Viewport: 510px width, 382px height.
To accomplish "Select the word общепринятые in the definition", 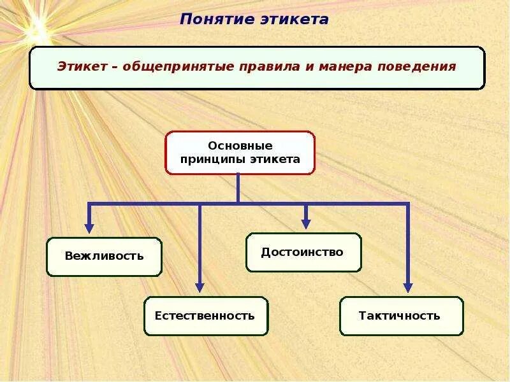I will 159,66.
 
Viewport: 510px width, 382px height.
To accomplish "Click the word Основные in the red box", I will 240,146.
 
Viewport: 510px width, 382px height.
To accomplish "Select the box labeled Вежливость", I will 104,257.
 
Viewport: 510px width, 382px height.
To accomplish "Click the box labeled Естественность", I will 205,316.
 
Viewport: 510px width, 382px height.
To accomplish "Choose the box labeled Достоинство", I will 303,252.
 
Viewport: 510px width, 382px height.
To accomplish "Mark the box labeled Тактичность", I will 400,316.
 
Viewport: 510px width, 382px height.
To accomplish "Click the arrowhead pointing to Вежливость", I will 89,227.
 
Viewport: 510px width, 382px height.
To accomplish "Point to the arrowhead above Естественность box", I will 200,287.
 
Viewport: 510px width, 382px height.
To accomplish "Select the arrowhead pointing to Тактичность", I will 408,287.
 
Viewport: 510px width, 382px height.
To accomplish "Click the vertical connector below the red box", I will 238,188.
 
